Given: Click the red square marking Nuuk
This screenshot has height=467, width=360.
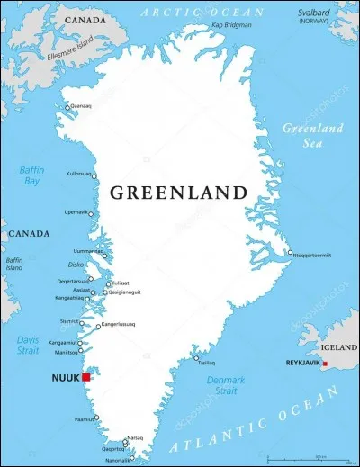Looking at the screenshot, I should [x=86, y=379].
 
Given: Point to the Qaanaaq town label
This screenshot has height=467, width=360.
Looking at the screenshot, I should [x=81, y=106].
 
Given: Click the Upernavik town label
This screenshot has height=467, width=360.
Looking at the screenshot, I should [x=77, y=212].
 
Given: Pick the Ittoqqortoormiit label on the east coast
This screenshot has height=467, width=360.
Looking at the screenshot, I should [x=311, y=255].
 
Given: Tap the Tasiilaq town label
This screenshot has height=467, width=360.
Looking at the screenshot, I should [x=207, y=363].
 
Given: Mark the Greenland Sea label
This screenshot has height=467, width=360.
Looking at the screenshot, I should [x=313, y=134].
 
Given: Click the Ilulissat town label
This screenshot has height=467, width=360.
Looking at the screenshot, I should [x=120, y=283].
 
